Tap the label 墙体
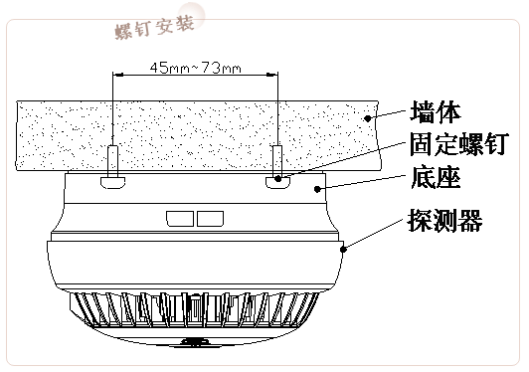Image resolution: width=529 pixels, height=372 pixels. coord(434,108)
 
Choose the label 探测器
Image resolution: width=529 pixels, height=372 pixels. coord(445,220)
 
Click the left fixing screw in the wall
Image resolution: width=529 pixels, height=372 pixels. coord(114,159)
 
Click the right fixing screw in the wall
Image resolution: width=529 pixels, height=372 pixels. coord(278,159)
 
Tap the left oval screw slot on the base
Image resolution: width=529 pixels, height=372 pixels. coord(112,182)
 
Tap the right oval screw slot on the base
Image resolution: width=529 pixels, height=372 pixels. coord(279,182)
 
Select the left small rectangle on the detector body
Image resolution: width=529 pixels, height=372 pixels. coord(180,217)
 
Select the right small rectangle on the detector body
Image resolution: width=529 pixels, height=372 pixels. coord(209,217)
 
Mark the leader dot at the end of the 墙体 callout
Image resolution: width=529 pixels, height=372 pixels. coord(368,117)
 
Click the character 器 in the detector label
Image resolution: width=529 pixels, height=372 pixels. coord(470,220)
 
